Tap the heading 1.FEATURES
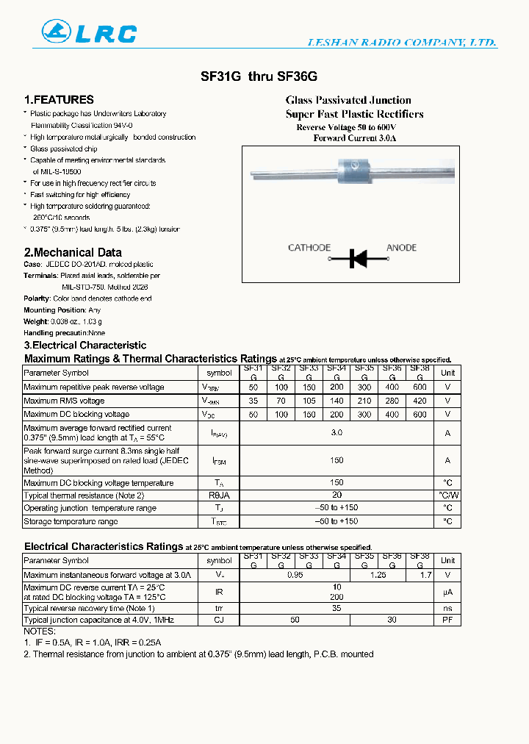(x=59, y=100)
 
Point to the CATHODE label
(x=309, y=248)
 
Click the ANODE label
(x=401, y=248)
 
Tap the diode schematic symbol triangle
(x=360, y=258)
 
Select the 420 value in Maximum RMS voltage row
(x=420, y=401)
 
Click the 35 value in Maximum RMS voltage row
(x=253, y=401)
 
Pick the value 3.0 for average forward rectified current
(x=337, y=433)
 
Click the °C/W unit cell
(x=447, y=496)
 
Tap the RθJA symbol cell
(x=219, y=496)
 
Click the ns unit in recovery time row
(x=447, y=609)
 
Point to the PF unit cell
(x=447, y=620)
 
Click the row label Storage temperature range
(x=71, y=521)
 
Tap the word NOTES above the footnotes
(x=40, y=632)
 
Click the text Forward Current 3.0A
(x=354, y=138)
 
